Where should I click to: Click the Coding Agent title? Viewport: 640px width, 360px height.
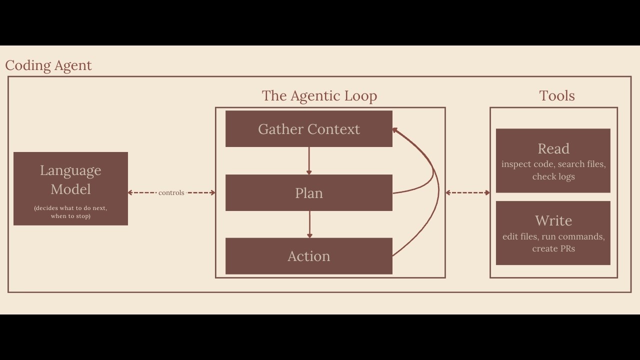48,65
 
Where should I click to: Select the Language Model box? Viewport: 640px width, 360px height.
70,188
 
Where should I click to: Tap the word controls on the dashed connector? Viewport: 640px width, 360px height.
171,192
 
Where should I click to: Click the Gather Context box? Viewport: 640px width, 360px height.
308,129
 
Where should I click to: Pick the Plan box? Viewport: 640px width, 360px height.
308,193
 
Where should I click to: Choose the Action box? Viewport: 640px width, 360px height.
308,256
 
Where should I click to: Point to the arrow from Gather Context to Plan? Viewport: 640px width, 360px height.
309,161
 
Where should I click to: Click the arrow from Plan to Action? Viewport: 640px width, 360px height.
309,224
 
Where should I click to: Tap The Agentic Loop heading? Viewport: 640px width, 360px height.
319,95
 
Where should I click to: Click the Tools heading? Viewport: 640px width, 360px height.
557,95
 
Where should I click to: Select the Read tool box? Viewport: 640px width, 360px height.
553,160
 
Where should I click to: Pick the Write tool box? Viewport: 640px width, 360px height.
553,233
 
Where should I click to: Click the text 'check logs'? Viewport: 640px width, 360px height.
553,176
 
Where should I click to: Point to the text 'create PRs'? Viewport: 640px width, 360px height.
553,248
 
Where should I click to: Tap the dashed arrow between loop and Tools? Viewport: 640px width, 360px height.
467,192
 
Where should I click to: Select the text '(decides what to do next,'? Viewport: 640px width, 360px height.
70,208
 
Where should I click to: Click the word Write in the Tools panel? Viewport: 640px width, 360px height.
553,220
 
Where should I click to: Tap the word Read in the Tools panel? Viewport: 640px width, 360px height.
553,148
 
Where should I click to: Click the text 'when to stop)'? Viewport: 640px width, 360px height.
70,216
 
